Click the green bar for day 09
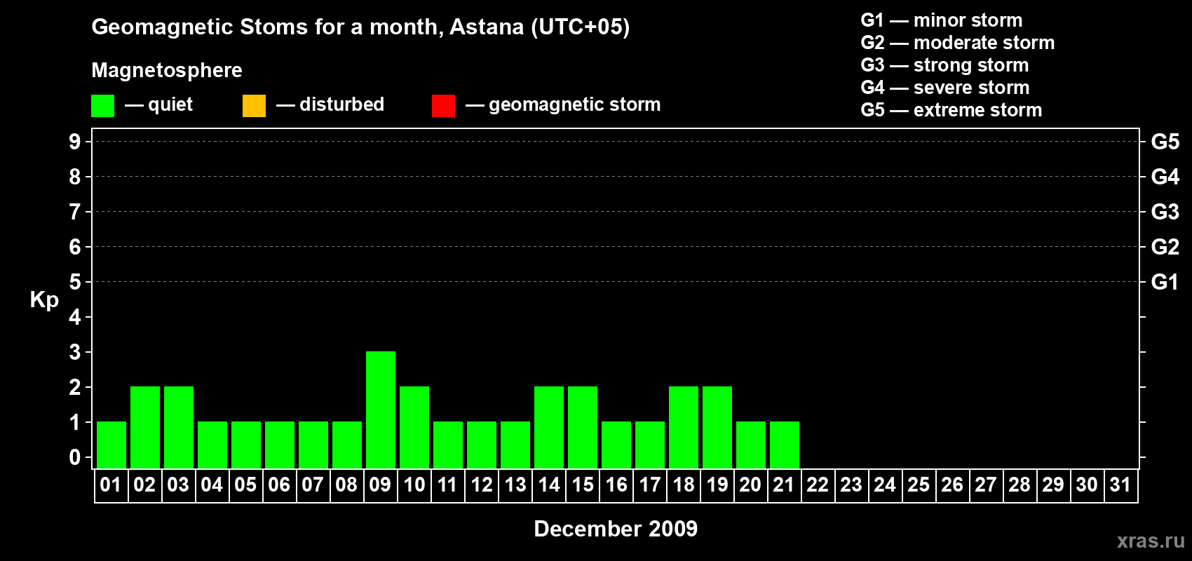point(381,410)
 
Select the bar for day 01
point(111,445)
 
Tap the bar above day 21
point(785,445)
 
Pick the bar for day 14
point(548,427)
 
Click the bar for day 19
point(717,427)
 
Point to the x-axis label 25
point(919,485)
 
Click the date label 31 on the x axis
point(1120,485)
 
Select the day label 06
point(279,485)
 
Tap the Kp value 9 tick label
point(74,142)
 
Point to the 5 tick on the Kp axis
point(74,282)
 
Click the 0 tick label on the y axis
point(74,458)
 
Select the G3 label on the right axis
point(1165,212)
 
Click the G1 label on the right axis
point(1164,282)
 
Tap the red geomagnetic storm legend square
point(443,105)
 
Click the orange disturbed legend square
point(254,105)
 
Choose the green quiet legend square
point(102,105)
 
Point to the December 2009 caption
point(616,529)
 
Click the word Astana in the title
point(487,27)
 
